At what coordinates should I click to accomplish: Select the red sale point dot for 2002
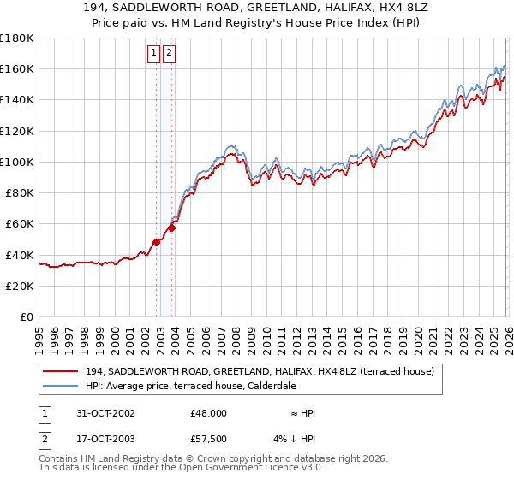(157, 242)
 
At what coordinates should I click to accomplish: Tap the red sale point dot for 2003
(171, 228)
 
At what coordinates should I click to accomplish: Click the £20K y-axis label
(20, 286)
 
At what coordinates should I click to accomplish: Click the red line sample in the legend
(62, 371)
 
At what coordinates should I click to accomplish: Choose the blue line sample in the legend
(62, 386)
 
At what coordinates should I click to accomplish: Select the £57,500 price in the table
(209, 441)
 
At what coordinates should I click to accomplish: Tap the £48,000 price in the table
(209, 413)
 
